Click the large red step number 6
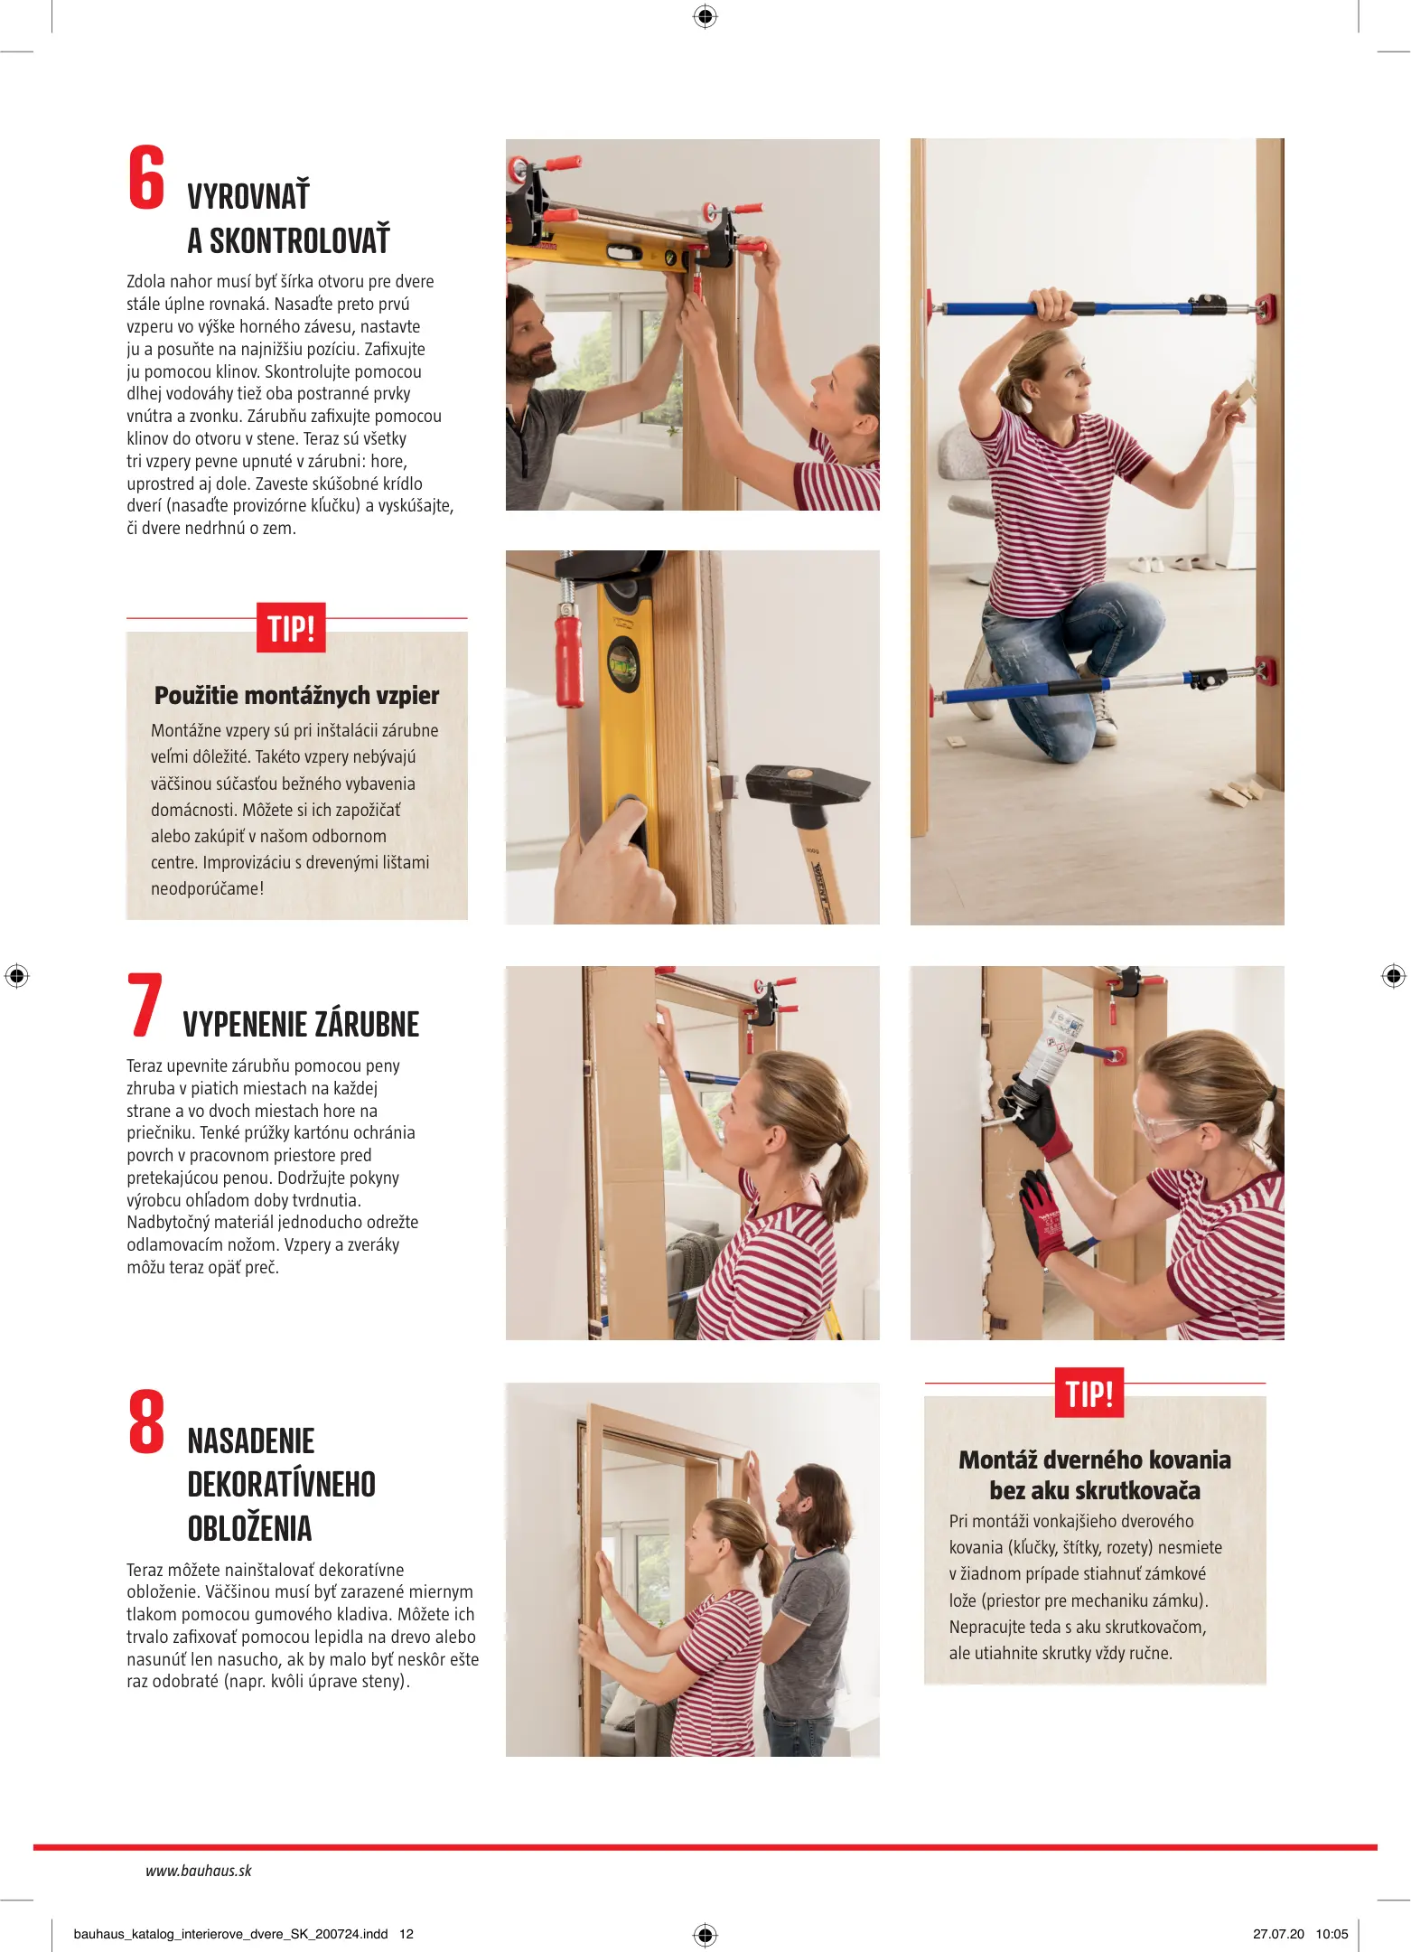click(146, 177)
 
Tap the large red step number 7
click(145, 1004)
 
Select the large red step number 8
click(146, 1422)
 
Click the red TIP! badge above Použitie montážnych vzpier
click(291, 627)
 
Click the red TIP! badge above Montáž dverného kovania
click(1089, 1393)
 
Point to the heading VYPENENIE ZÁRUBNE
click(301, 1025)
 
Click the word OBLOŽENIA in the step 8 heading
click(249, 1528)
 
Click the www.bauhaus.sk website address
click(199, 1871)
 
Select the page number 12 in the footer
click(406, 1934)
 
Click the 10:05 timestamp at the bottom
click(1332, 1934)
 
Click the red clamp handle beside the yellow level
click(569, 660)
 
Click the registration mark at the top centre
click(705, 16)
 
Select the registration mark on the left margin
click(17, 976)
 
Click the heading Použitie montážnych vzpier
click(296, 696)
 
